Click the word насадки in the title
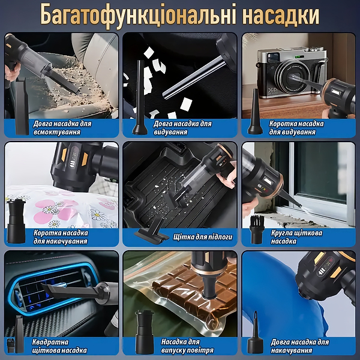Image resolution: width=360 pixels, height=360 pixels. click(277, 14)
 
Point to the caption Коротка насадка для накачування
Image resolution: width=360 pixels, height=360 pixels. click(61, 237)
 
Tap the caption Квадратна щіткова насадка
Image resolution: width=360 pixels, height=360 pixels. click(59, 346)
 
